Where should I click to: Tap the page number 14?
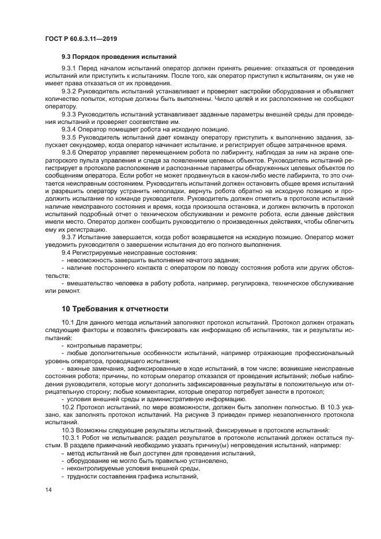[48, 489]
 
